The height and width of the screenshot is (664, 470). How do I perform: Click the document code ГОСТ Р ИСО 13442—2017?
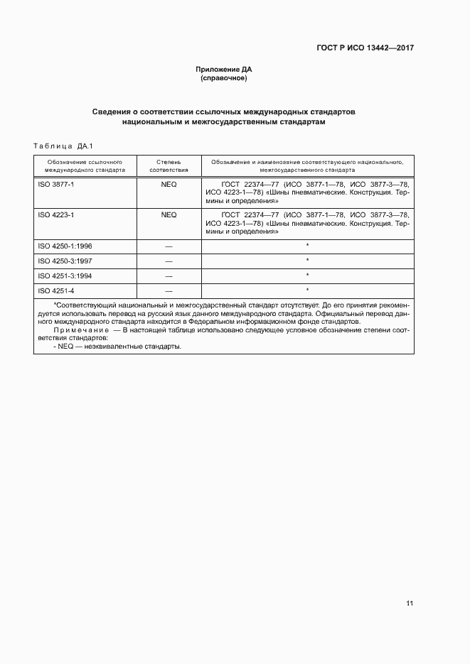coord(365,48)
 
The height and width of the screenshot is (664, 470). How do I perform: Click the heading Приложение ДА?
coord(224,70)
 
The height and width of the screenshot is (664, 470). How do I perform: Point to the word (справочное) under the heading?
coord(224,78)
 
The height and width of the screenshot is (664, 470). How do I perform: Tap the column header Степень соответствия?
coord(169,166)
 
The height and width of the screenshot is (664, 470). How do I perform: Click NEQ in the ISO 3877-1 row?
coord(169,184)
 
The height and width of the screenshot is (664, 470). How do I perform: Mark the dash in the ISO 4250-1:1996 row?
coord(169,246)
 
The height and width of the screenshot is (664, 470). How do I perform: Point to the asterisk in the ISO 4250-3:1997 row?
coord(307,261)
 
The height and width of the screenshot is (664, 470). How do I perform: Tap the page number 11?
coord(410,604)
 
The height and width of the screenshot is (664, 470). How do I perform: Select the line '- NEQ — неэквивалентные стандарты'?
coord(117,347)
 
